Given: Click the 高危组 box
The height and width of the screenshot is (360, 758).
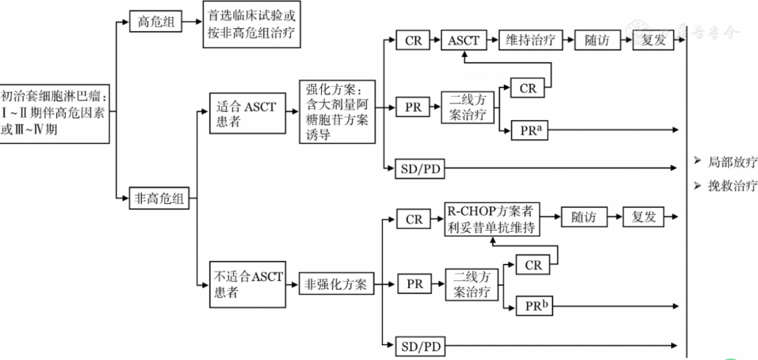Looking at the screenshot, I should tap(155, 22).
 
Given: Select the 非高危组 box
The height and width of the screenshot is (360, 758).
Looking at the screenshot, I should tap(159, 199).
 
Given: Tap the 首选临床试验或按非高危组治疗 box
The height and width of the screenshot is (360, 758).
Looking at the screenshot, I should tap(249, 28).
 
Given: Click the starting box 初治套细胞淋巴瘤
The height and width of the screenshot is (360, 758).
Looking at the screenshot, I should tap(54, 113).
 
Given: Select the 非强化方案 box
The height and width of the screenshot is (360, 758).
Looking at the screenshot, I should tap(336, 284).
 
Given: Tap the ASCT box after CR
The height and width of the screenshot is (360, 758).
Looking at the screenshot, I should tap(464, 40).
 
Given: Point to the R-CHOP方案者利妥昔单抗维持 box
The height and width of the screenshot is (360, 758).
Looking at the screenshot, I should tap(491, 218).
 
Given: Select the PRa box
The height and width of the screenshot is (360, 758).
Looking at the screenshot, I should tap(528, 130).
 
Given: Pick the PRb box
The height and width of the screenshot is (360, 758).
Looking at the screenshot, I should tap(534, 306).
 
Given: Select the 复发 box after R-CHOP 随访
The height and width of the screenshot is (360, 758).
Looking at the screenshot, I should tap(644, 217).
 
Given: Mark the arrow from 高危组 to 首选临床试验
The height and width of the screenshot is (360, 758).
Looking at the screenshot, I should tap(192, 22).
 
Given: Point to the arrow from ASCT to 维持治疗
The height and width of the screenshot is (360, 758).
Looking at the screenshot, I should tap(492, 40).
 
